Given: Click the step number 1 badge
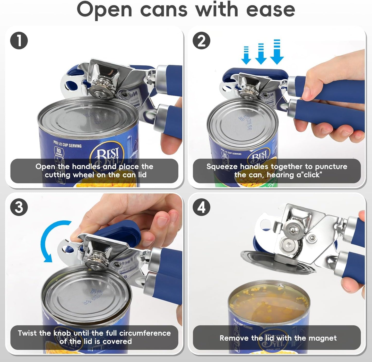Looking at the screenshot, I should tap(19, 40).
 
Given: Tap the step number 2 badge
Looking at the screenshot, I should tap(202, 40).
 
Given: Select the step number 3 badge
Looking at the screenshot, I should tap(19, 207).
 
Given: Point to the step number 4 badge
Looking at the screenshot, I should tap(202, 207).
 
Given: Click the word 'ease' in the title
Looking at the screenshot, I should tap(270, 10).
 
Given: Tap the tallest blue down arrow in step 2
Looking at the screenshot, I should tap(277, 51).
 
